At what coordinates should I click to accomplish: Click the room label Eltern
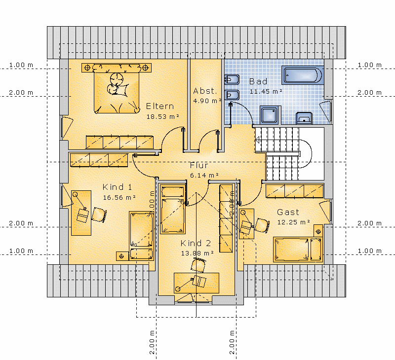click(160, 106)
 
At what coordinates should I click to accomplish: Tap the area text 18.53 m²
click(163, 116)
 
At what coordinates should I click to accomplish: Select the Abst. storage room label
click(205, 91)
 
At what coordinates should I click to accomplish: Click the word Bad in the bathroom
click(258, 81)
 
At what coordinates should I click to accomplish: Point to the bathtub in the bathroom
click(303, 75)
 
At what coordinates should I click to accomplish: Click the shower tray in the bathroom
click(270, 115)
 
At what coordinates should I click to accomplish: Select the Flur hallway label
click(199, 165)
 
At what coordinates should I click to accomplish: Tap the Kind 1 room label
click(117, 187)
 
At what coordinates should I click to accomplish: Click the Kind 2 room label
click(196, 243)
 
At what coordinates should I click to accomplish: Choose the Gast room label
click(288, 212)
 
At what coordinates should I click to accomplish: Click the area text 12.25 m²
click(293, 222)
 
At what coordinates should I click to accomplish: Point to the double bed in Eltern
click(117, 88)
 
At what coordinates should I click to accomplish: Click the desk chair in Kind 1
click(99, 215)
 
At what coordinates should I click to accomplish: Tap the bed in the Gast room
click(298, 250)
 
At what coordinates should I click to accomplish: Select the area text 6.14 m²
click(204, 175)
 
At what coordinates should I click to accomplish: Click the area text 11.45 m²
click(266, 91)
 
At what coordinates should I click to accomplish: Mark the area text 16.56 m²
click(119, 197)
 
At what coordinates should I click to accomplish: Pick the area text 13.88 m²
click(197, 253)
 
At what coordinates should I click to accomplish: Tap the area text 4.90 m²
click(207, 101)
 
